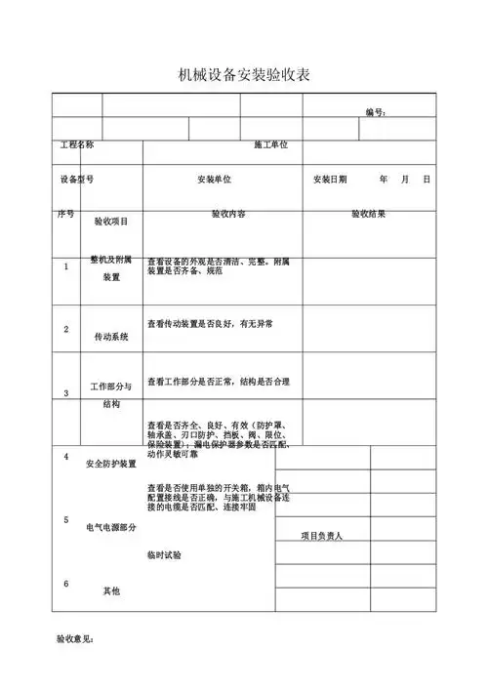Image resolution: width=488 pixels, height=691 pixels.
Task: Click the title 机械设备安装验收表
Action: (244, 75)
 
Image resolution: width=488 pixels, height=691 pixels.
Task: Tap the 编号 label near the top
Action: (376, 113)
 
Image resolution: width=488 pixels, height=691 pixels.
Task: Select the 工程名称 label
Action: (77, 145)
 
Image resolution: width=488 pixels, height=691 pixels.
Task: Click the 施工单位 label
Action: (270, 145)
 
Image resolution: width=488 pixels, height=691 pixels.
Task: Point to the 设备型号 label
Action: (77, 180)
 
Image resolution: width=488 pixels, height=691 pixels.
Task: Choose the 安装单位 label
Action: (214, 181)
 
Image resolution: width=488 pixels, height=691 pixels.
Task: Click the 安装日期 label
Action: (330, 180)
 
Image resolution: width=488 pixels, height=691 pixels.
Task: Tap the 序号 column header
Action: (65, 214)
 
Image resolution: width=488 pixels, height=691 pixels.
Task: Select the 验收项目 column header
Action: (111, 222)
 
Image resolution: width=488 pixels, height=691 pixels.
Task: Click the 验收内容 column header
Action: (228, 214)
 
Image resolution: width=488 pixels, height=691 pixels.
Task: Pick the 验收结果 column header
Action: (368, 214)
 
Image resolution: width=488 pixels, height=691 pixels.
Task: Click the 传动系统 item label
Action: (111, 338)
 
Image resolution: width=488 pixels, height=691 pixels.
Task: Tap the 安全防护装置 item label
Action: (111, 464)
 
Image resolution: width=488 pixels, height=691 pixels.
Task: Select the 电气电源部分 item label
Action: (111, 527)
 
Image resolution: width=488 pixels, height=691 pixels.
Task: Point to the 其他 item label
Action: (111, 590)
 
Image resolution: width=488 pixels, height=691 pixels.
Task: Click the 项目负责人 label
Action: (321, 537)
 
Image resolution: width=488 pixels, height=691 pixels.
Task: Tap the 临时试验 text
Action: (164, 554)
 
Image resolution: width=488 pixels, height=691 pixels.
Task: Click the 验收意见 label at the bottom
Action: (74, 640)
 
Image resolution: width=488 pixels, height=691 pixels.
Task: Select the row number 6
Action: (66, 584)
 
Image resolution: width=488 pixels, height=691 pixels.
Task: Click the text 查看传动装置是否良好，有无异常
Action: (210, 323)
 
